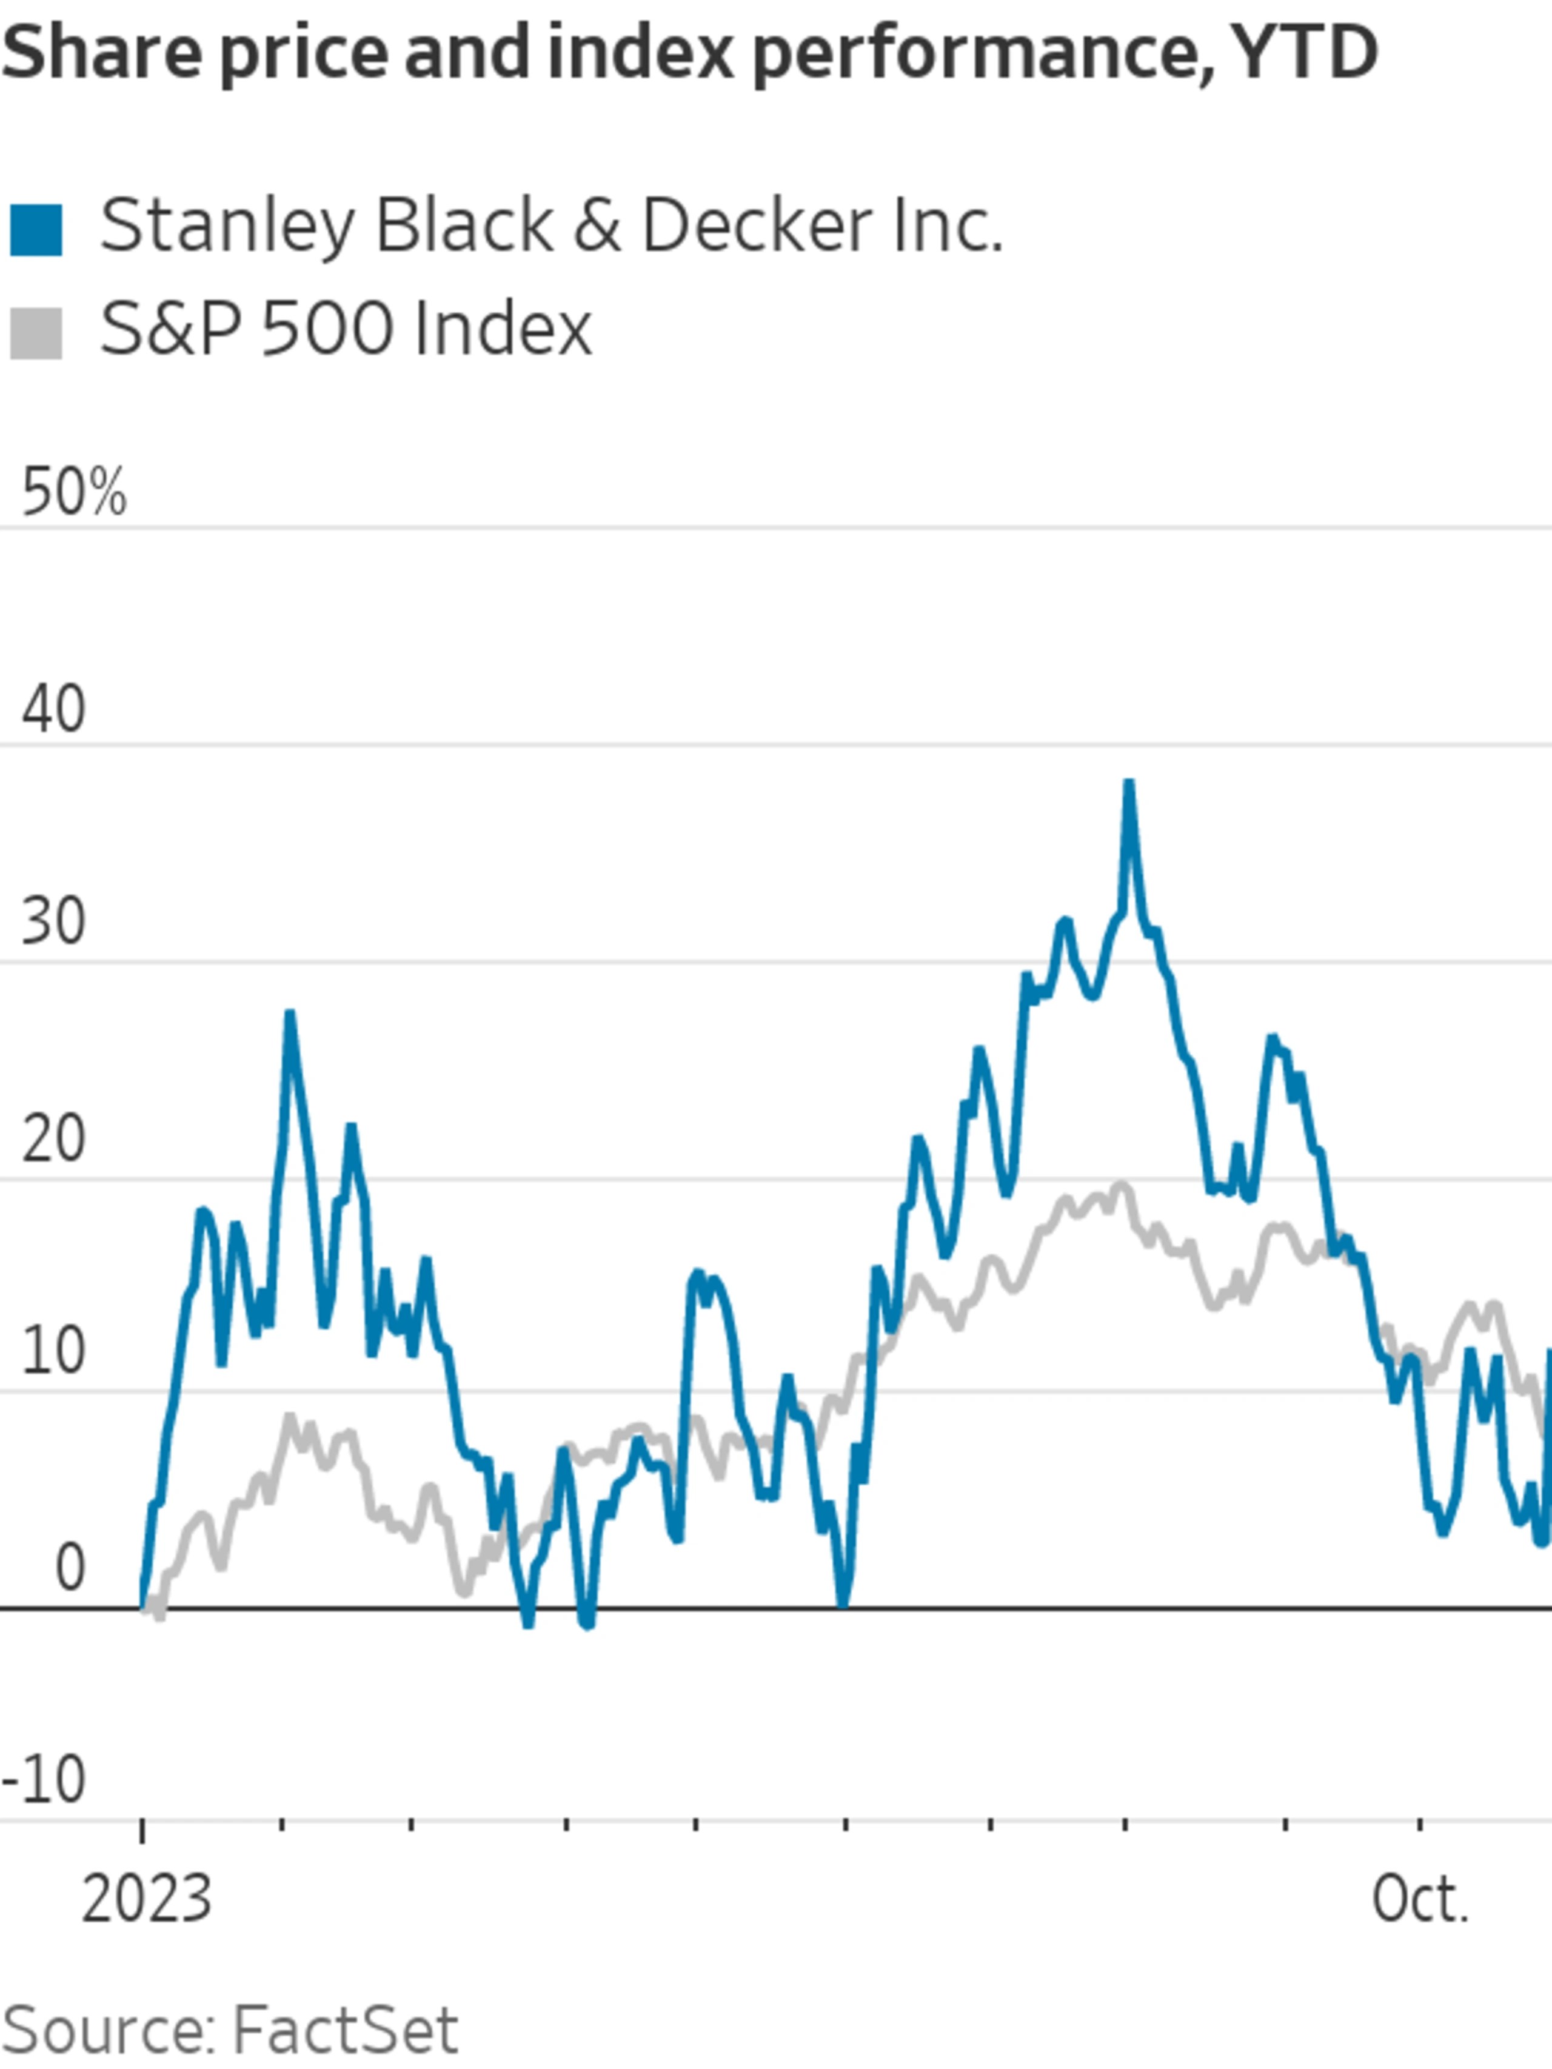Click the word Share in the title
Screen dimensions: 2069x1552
pyautogui.click(x=101, y=53)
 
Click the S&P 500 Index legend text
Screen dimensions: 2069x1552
pyautogui.click(x=346, y=329)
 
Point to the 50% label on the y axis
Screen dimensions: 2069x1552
pyautogui.click(x=73, y=493)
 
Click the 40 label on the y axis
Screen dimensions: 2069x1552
pyautogui.click(x=53, y=709)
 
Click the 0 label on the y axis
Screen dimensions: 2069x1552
pyautogui.click(x=70, y=1569)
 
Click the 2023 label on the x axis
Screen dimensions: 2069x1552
pyautogui.click(x=147, y=1900)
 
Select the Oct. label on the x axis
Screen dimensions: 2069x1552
pyautogui.click(x=1420, y=1900)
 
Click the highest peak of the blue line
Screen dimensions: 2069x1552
pyautogui.click(x=1129, y=784)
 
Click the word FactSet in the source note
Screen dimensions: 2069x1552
pyautogui.click(x=344, y=2030)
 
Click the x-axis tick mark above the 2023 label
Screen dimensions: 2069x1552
pyautogui.click(x=142, y=1826)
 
